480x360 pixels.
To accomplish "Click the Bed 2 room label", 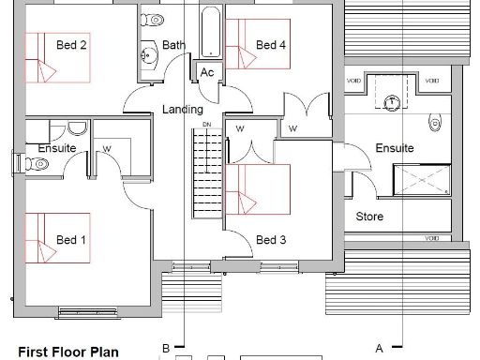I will pyautogui.click(x=72, y=45).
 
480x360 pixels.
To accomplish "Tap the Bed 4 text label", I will pyautogui.click(x=270, y=45).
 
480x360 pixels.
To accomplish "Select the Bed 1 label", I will pyautogui.click(x=71, y=240).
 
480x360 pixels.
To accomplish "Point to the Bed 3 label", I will pyautogui.click(x=270, y=240).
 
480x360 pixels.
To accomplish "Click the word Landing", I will pyautogui.click(x=182, y=110).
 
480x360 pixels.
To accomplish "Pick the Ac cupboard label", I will pyautogui.click(x=206, y=73).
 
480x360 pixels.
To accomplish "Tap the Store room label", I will pyautogui.click(x=369, y=217).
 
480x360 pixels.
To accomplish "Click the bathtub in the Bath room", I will pyautogui.click(x=209, y=33).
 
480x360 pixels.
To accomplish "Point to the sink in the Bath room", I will pyautogui.click(x=148, y=55).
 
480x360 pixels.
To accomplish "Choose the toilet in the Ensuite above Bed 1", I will pyautogui.click(x=38, y=163).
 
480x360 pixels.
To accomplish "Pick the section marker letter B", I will pyautogui.click(x=166, y=348).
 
